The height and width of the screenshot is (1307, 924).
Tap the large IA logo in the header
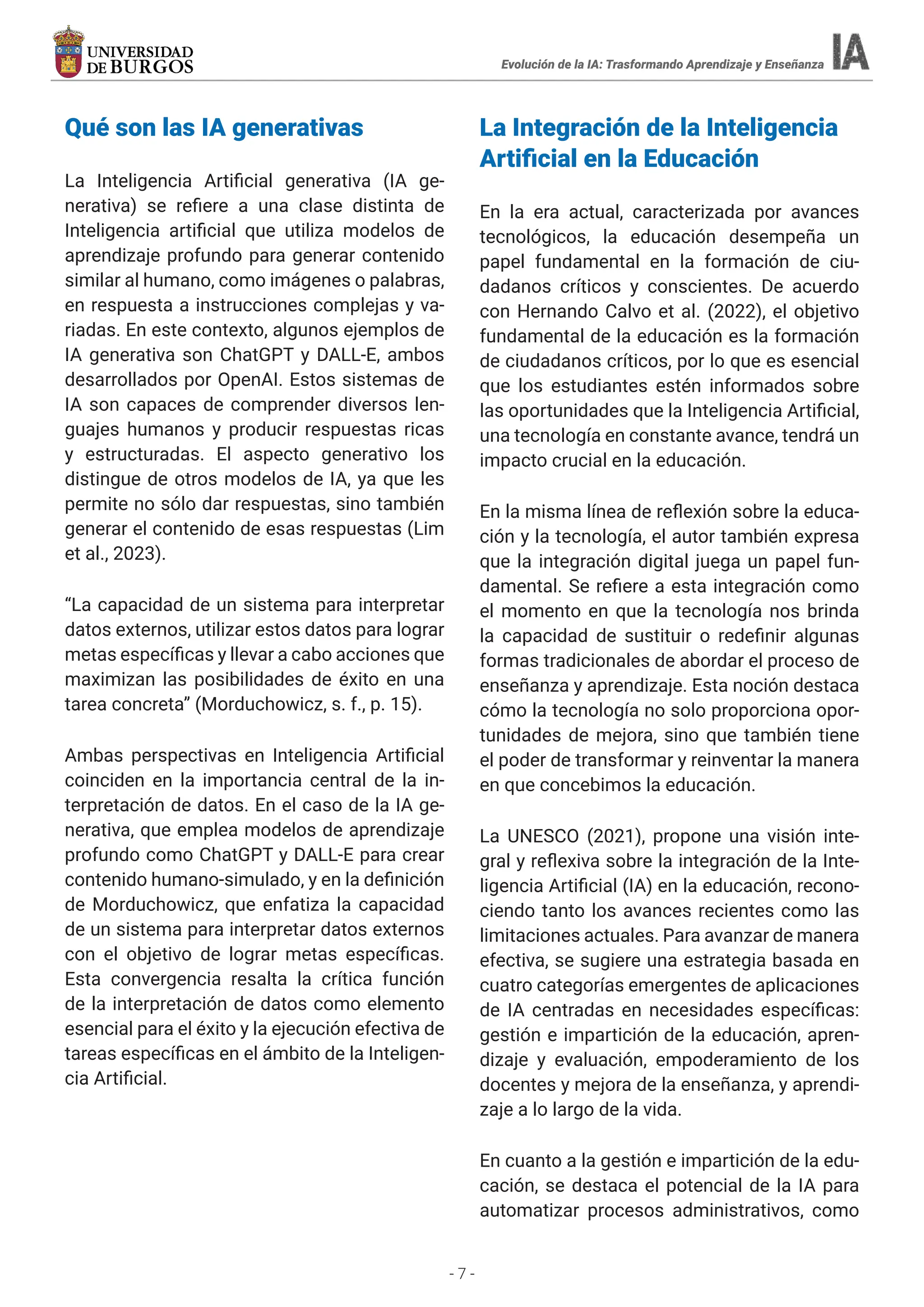coord(850,52)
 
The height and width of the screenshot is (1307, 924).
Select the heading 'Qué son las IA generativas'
coord(214,128)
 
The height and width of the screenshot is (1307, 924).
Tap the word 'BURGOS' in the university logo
coord(151,67)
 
